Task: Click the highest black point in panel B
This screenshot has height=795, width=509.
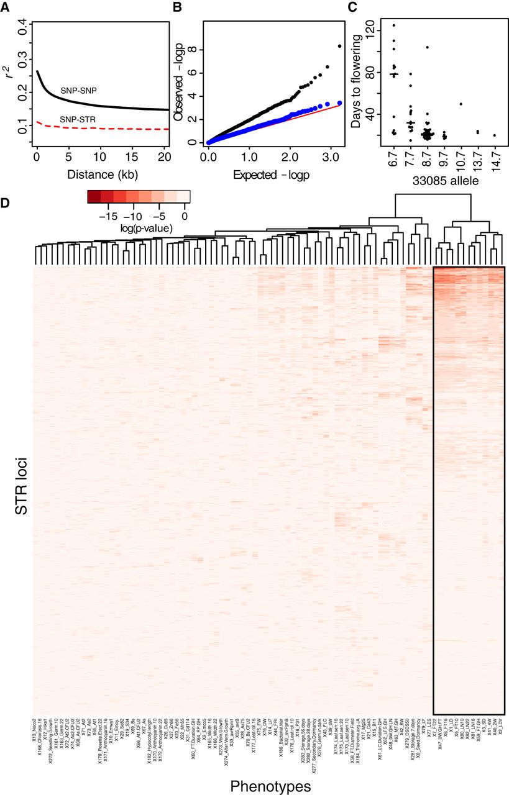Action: point(339,45)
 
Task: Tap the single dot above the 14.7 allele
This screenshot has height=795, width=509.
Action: point(494,135)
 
